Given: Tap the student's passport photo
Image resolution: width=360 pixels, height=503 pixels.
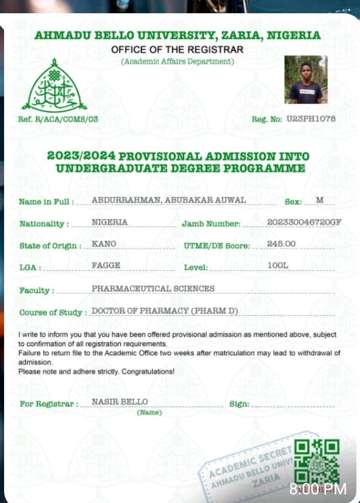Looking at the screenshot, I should pos(306,80).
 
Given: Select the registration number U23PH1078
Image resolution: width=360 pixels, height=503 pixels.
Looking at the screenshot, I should pos(311,119).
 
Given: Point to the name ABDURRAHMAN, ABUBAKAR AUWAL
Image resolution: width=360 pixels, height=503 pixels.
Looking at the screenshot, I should pos(169,200).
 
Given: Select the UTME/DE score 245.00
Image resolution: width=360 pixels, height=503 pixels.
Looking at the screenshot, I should pos(281,244).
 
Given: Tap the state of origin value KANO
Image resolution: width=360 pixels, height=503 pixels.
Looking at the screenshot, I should pos(104,244).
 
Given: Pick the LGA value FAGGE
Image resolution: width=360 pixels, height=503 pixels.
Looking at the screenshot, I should pos(106,266).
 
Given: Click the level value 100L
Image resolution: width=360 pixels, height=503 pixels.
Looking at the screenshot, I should pos(278,266).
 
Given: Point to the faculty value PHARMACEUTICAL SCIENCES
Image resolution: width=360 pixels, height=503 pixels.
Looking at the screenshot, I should pos(153,288).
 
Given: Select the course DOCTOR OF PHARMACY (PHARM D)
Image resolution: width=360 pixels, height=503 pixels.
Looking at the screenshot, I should pos(165,311).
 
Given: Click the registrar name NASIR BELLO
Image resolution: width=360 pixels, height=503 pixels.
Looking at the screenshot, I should pos(119,402).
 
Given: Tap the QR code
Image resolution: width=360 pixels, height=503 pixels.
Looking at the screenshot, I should pos(318,462).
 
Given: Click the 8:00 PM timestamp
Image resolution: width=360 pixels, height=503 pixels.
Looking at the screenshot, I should pos(318,489).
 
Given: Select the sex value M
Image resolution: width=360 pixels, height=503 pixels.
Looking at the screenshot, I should pos(320,200).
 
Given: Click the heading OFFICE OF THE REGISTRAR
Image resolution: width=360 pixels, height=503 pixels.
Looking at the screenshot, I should pos(177,50).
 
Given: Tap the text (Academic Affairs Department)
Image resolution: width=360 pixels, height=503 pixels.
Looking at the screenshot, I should pos(177,62).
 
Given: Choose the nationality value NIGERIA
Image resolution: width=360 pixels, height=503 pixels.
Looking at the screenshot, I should pos(110,222).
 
